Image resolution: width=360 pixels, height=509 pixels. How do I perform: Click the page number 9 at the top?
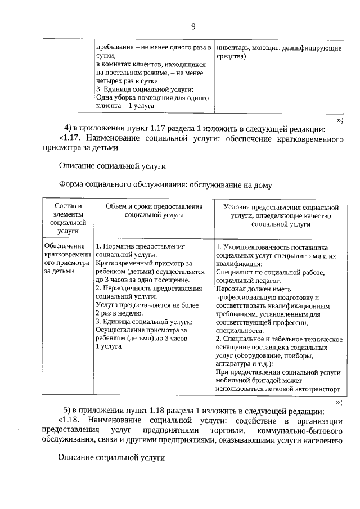pyautogui.click(x=193, y=26)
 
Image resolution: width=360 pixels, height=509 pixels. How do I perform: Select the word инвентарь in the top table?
pyautogui.click(x=232, y=48)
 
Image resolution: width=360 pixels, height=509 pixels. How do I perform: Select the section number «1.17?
pyautogui.click(x=71, y=138)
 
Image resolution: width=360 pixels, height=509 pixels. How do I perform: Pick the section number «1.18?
pyautogui.click(x=71, y=421)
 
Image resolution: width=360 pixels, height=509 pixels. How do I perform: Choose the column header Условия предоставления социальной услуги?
pyautogui.click(x=281, y=215)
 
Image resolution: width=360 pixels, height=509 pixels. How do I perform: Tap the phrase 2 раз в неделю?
pyautogui.click(x=120, y=313)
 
